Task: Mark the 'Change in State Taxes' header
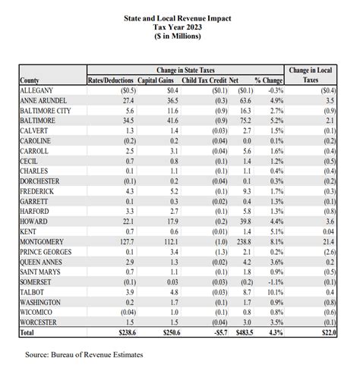(185, 70)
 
